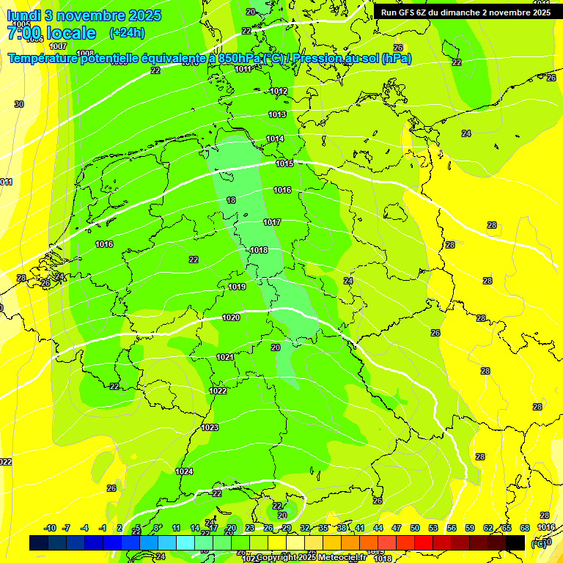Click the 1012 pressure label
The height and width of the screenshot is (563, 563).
[x=279, y=91]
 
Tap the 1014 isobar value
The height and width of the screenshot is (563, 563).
[x=275, y=139]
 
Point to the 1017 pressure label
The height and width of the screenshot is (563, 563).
[x=272, y=222]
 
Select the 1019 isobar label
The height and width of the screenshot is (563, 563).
[x=237, y=287]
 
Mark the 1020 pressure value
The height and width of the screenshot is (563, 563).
[x=231, y=317]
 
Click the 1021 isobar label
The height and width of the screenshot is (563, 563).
[x=225, y=357]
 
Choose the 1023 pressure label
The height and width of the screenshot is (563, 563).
[x=210, y=427]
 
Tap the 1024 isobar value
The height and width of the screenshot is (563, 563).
[x=184, y=471]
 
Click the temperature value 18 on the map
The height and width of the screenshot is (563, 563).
[x=231, y=200]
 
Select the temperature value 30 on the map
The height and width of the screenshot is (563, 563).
[x=19, y=104]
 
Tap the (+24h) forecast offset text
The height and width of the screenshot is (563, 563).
[x=127, y=33]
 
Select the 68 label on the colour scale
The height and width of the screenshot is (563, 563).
[x=525, y=528]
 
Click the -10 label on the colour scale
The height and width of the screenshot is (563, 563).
[x=50, y=528]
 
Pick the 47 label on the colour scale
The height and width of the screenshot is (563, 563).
[x=397, y=528]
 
